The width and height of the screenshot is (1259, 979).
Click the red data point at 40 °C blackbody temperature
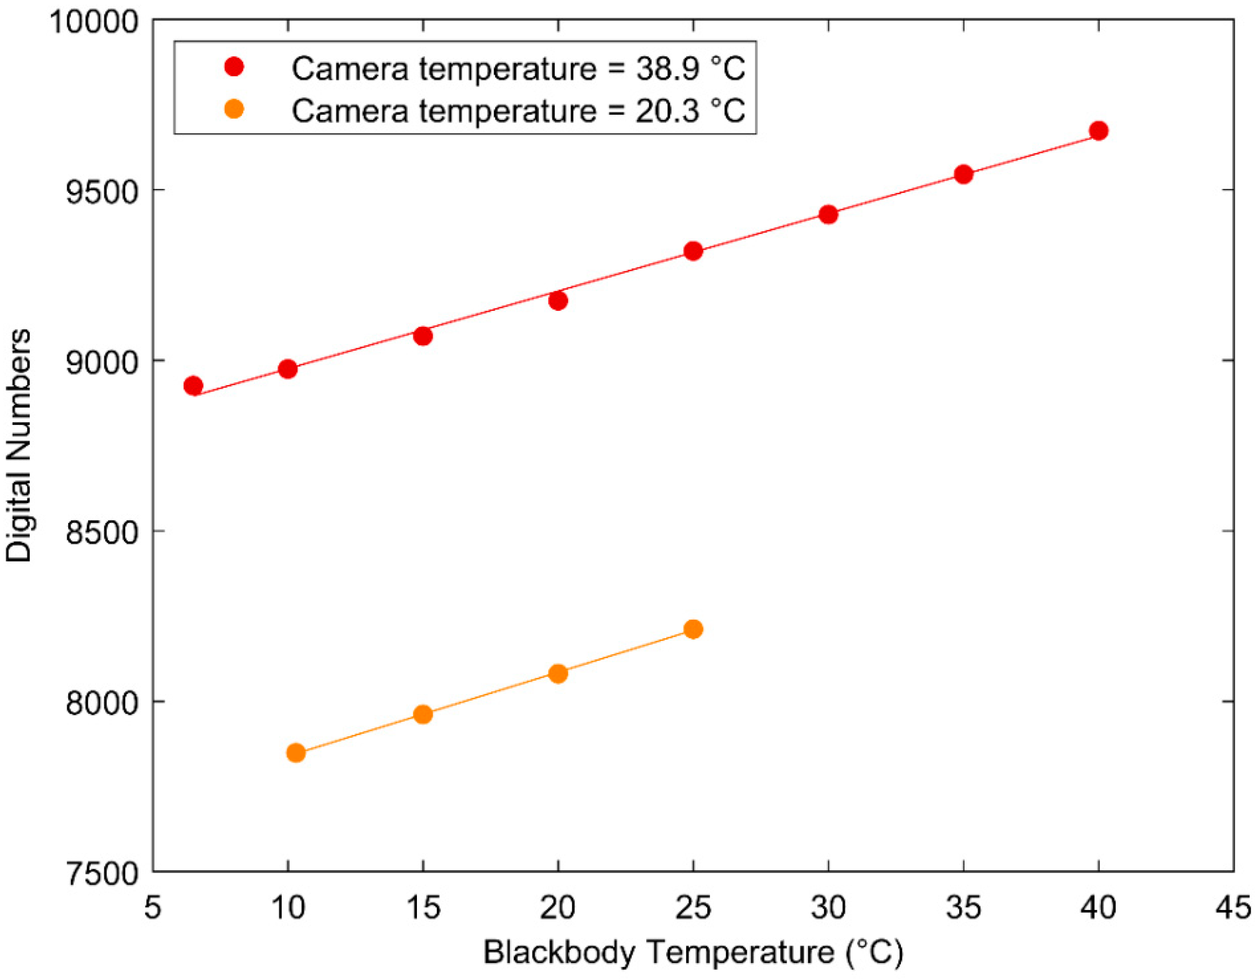coord(1098,131)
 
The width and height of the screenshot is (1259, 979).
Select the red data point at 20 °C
coord(557,300)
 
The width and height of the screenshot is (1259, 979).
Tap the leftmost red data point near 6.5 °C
coord(193,386)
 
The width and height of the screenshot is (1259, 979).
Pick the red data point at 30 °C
coord(828,214)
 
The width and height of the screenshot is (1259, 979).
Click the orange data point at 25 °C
coord(693,629)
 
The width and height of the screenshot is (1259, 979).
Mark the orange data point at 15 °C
coord(423,714)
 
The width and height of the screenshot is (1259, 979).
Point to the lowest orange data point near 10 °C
coord(295,753)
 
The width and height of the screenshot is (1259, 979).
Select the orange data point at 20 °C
coord(557,673)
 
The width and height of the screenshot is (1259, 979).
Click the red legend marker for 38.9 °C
coord(234,68)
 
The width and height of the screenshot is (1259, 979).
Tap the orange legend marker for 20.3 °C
coord(234,109)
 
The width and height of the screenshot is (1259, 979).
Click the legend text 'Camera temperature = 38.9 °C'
coord(517,68)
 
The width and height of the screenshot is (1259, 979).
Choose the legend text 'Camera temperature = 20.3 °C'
coord(517,110)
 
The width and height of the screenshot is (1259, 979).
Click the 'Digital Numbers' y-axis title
coord(18,445)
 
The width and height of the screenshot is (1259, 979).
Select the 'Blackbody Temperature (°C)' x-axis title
coord(693,952)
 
